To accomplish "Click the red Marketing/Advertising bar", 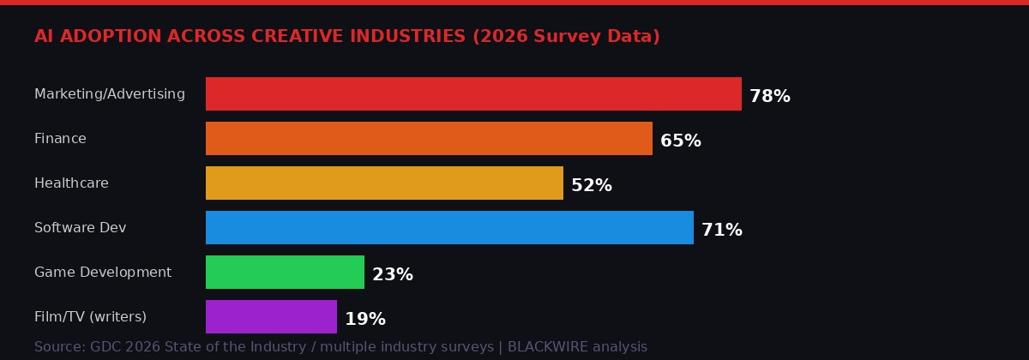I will coord(473,94).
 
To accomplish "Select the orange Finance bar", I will coord(429,139).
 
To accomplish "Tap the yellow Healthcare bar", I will coord(384,183).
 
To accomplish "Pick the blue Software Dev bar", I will coord(449,228).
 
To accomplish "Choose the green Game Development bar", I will coord(285,273).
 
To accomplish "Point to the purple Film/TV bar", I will coord(271,317).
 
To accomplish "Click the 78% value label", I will coord(769,97).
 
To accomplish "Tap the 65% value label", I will coord(680,141).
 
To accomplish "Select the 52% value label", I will coord(591,186).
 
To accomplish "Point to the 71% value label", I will coord(721,231).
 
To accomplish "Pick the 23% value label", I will coord(392,275).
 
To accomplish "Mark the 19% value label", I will coord(364,320).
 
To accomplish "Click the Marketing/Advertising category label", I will coord(110,94).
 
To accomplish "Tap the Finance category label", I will coord(60,139).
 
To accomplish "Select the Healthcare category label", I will coord(71,183).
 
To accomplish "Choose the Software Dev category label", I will coord(80,228).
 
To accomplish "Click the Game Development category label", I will coord(103,273).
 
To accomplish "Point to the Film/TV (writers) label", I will coord(90,317).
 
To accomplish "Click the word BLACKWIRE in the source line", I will coord(547,347).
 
